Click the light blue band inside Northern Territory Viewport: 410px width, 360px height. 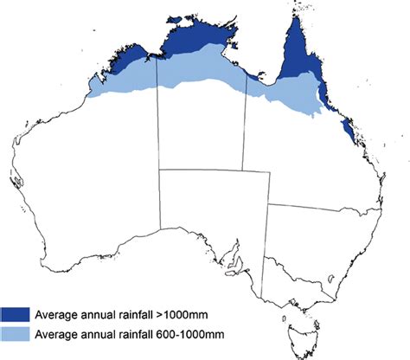[x=199, y=74]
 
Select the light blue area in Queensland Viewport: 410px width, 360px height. [x=290, y=95]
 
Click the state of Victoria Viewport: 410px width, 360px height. [x=298, y=270]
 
